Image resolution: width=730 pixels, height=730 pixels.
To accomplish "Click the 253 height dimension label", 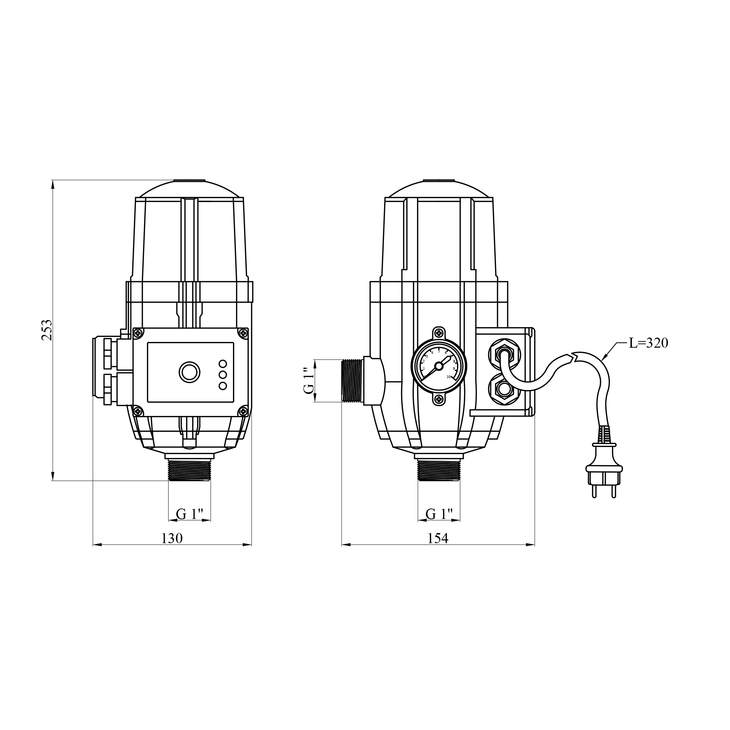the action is [x=47, y=330].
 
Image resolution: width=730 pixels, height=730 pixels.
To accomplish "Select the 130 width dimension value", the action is [x=172, y=538].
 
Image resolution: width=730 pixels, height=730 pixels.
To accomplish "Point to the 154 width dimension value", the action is [x=437, y=538].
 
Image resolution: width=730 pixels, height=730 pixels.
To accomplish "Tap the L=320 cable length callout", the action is [x=649, y=343].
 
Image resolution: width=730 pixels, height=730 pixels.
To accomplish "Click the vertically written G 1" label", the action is [x=309, y=380].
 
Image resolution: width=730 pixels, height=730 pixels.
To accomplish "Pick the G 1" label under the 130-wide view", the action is [x=190, y=514].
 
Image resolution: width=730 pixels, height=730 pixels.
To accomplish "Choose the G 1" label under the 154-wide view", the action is [x=439, y=514].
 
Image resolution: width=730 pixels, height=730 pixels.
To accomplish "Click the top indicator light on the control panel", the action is [x=223, y=364].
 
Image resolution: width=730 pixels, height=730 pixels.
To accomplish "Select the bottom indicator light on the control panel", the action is [x=223, y=386].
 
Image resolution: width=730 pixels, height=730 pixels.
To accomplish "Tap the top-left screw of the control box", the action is [x=138, y=333].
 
